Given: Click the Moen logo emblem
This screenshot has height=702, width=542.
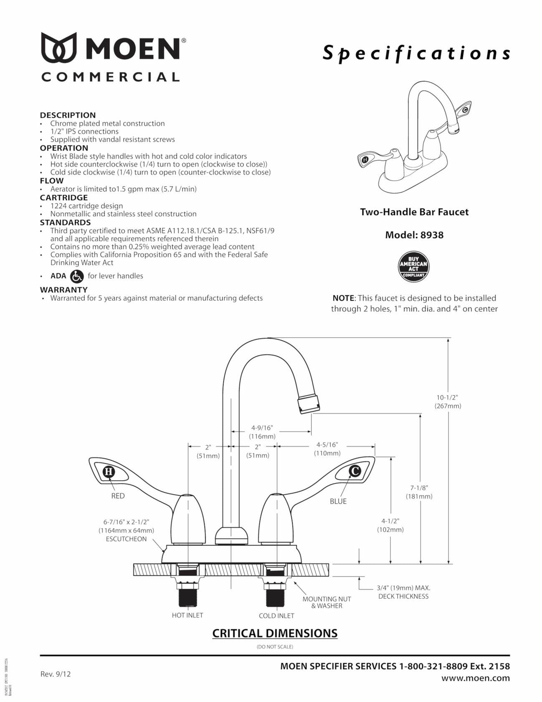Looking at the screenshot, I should point(59,48).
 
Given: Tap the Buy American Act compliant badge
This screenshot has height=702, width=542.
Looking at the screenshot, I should point(413,267).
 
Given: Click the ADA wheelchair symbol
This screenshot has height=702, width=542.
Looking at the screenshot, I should point(77,276).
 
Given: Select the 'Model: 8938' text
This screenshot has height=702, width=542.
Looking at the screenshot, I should point(414,235).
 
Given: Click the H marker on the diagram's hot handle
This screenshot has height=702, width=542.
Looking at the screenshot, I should point(109,472).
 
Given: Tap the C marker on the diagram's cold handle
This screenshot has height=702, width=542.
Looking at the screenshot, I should point(355,471).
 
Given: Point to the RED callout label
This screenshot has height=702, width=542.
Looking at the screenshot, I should point(118,496).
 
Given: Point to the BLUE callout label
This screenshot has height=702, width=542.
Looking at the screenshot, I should point(338,501).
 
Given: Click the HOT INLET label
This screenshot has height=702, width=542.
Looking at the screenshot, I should point(187,616).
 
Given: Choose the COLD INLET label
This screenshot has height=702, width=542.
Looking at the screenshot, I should point(276,616).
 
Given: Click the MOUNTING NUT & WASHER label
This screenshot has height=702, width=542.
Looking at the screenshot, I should point(327,603).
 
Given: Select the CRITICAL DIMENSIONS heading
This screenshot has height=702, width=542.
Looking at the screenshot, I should point(275,633).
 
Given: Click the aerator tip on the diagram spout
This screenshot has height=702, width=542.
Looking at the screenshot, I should point(309,404).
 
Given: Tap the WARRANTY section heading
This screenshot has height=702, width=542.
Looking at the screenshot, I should point(64,290).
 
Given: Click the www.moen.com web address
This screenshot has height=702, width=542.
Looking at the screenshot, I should point(476,678).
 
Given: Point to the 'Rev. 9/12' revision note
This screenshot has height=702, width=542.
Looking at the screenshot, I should point(56,674).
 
